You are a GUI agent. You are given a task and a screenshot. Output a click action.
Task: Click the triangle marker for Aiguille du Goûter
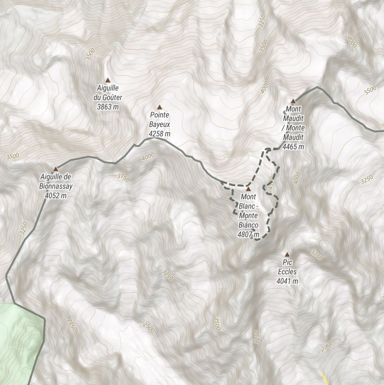click(x=108, y=80)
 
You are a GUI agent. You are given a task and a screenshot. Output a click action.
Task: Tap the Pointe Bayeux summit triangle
click(x=159, y=107)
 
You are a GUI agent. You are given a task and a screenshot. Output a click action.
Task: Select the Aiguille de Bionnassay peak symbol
click(x=56, y=169)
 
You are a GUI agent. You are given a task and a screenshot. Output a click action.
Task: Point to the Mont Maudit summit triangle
click(x=293, y=101)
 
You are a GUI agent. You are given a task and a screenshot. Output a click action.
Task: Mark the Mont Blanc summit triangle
click(x=248, y=189)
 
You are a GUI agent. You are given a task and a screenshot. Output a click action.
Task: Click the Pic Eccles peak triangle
click(x=287, y=255)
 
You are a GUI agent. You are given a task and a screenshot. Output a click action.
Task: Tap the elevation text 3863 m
click(x=108, y=107)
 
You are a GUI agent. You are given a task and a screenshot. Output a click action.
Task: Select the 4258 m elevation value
click(x=159, y=133)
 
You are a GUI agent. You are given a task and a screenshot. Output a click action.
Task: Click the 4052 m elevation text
click(x=56, y=195)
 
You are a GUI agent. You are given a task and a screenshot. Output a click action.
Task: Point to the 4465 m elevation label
click(x=293, y=147)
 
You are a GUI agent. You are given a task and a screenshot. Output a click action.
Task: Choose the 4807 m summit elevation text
click(x=248, y=235)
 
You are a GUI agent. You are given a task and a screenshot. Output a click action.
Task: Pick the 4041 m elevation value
click(x=287, y=281)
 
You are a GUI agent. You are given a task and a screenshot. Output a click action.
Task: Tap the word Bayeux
click(x=159, y=124)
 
